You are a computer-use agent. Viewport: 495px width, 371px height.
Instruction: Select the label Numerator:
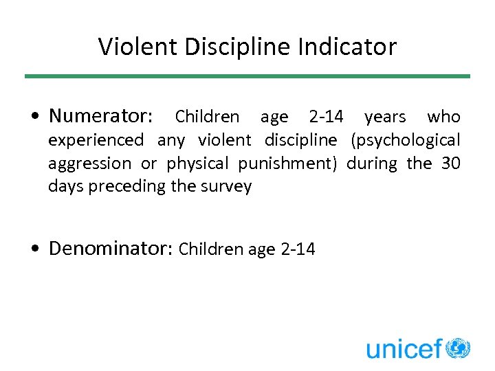tap(102, 115)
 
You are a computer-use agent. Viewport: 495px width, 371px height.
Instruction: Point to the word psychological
tap(405, 140)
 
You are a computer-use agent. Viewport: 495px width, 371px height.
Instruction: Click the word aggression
tap(89, 164)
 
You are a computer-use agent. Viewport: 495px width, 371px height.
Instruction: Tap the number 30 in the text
tap(450, 164)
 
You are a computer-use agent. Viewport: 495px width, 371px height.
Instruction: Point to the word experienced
tap(96, 140)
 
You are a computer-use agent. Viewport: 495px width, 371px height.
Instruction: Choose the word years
tap(385, 117)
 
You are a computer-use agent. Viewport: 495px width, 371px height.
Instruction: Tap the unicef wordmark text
tap(404, 349)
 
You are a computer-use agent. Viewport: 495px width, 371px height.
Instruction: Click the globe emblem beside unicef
tap(458, 348)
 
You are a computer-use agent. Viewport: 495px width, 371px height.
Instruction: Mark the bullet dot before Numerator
tap(34, 116)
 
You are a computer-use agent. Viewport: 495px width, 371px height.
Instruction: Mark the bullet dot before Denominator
tap(34, 249)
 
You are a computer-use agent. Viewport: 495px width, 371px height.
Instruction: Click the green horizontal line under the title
tap(247, 76)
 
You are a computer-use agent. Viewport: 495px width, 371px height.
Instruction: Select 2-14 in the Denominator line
tap(298, 249)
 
